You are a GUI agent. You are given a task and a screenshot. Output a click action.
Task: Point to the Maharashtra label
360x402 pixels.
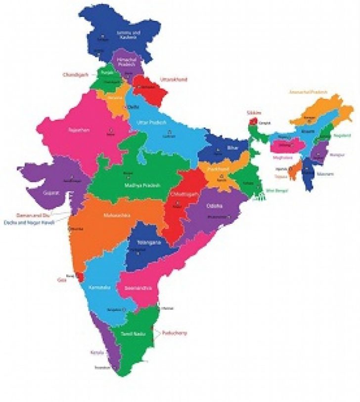click(116, 216)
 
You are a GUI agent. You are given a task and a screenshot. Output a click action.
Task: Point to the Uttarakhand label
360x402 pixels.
click(174, 79)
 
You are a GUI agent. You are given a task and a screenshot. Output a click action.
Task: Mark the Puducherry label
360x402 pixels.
click(174, 333)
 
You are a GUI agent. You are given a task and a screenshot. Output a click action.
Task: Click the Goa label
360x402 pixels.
click(61, 280)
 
